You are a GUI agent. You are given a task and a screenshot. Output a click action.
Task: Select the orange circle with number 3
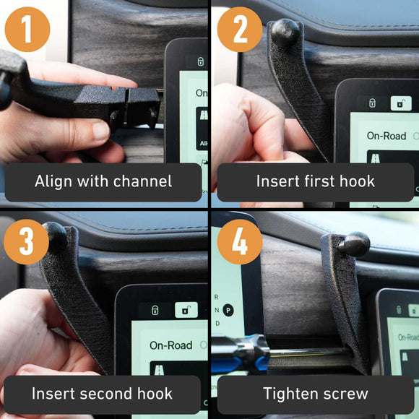tap(27, 241)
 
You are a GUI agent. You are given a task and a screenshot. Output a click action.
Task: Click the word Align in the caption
tap(54, 181)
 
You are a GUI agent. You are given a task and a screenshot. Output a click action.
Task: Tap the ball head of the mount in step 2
tap(285, 33)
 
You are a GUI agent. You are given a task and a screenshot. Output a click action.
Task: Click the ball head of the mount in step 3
tap(56, 237)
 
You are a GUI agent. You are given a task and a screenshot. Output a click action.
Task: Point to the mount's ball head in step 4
tap(354, 244)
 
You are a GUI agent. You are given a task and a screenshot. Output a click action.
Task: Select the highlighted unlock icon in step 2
tap(401, 103)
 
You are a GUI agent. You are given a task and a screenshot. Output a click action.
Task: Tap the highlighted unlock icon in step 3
tap(186, 311)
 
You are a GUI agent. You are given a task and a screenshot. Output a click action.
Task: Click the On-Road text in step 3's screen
tap(170, 345)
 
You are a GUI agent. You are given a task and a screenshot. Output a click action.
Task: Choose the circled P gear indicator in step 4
tap(228, 310)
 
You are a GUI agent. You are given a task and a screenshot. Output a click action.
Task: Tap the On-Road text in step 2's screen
tap(386, 135)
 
